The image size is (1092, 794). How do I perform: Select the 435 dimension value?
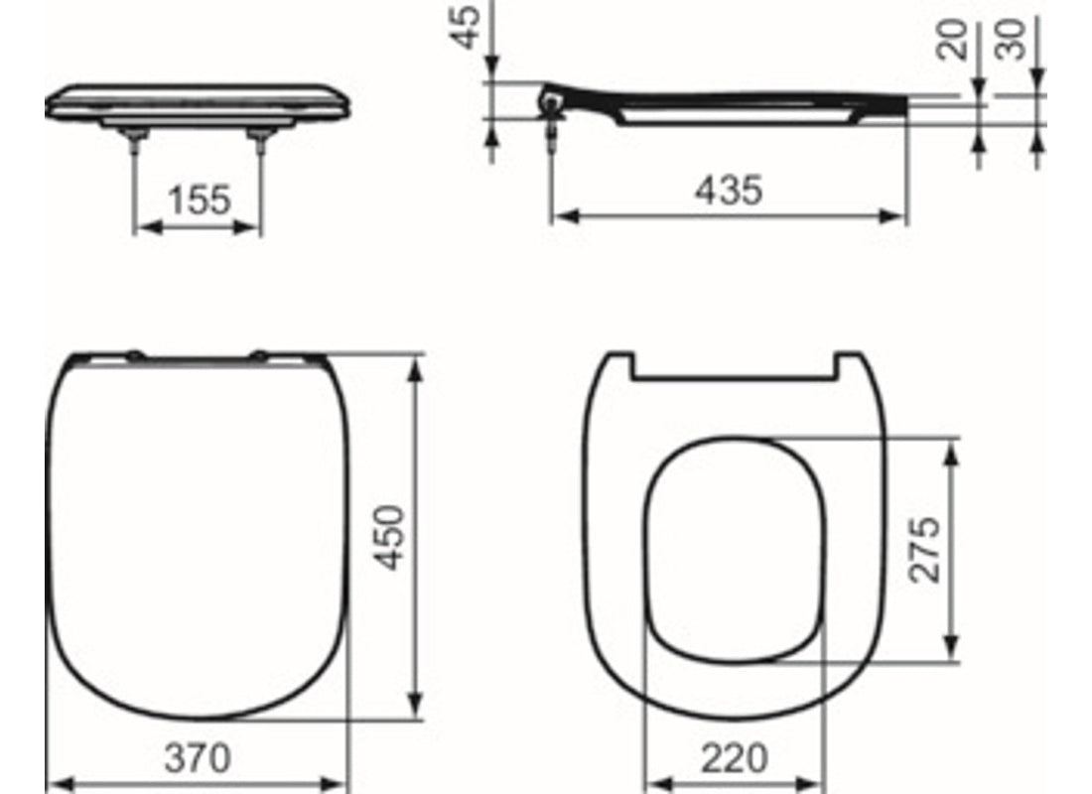(729, 190)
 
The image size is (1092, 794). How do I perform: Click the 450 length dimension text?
(393, 536)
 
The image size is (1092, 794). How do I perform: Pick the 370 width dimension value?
(198, 759)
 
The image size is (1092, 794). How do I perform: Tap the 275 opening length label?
(926, 549)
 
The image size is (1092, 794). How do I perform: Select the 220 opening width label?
(734, 759)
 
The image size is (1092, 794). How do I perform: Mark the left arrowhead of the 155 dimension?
(140, 226)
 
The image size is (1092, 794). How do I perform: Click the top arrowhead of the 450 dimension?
(417, 360)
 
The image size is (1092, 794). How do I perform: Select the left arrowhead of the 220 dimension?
(652, 784)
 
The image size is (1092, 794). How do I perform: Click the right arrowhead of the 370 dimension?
(342, 784)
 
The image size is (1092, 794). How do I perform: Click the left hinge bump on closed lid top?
(134, 352)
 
